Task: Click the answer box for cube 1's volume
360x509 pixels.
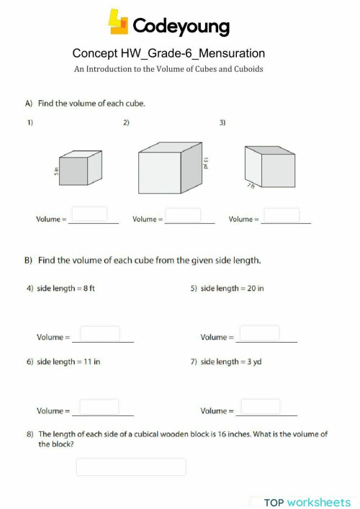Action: click(90, 214)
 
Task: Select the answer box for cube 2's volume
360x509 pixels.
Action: click(184, 215)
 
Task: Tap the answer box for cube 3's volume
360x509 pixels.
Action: click(282, 215)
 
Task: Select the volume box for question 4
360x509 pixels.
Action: click(100, 333)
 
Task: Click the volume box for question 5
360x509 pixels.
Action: click(258, 333)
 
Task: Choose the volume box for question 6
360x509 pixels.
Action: click(99, 407)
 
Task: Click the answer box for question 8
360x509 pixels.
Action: click(131, 467)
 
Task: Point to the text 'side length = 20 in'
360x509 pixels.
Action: click(232, 288)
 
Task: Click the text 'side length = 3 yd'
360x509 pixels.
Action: click(230, 361)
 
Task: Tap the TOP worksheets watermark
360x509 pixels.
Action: click(307, 502)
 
